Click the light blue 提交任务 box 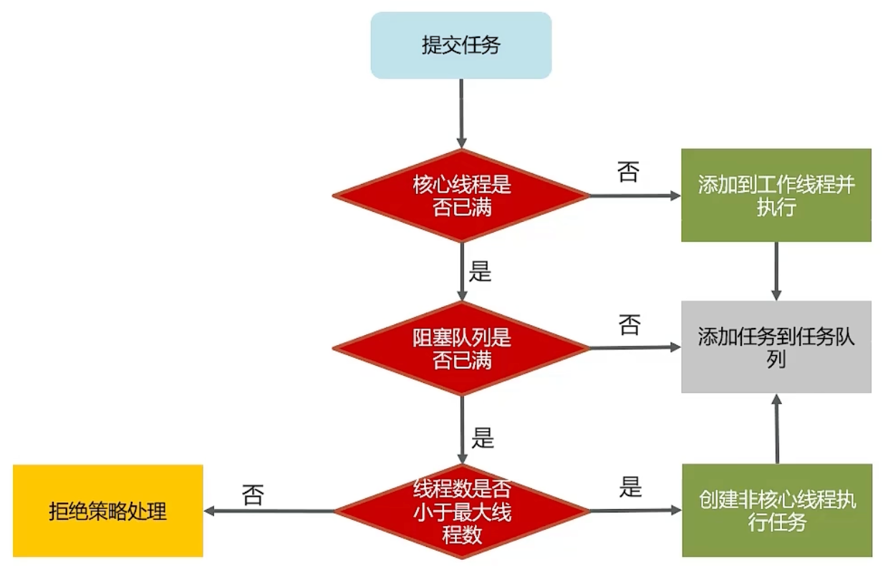(x=460, y=45)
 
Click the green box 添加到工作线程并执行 (x=776, y=195)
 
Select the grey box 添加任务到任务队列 (x=776, y=347)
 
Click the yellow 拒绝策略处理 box (x=108, y=511)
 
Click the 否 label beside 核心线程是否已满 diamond (x=628, y=173)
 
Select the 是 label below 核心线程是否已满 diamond (x=480, y=272)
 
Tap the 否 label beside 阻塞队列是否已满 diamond (x=629, y=326)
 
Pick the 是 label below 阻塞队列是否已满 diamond (x=482, y=437)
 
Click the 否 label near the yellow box (x=253, y=495)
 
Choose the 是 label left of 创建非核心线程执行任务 (x=630, y=488)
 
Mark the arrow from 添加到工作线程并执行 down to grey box (x=776, y=271)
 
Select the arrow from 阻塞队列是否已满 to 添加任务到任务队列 (x=634, y=348)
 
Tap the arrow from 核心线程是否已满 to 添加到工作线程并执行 (x=634, y=195)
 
